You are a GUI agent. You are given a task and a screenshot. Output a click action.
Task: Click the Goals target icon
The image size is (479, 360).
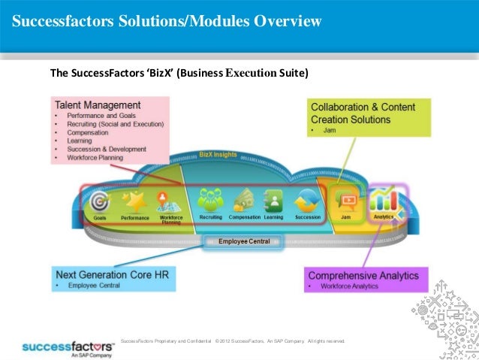99,201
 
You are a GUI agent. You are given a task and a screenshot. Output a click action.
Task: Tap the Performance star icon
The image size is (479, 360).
135,201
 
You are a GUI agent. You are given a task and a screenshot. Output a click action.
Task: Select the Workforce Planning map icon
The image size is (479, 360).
170,200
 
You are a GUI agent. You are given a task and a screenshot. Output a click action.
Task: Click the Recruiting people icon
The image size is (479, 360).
211,201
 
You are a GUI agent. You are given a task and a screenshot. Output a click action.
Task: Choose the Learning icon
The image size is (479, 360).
273,201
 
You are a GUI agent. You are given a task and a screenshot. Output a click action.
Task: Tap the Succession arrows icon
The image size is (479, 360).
309,201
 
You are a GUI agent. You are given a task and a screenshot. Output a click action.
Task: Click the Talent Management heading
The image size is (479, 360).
97,104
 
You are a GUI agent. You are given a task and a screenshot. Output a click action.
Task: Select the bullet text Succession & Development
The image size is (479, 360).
107,149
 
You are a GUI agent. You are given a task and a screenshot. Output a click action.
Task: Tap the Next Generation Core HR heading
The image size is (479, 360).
112,274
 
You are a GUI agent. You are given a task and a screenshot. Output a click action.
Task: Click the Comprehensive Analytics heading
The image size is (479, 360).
363,275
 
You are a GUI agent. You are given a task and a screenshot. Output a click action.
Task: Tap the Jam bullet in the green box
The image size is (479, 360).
329,130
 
